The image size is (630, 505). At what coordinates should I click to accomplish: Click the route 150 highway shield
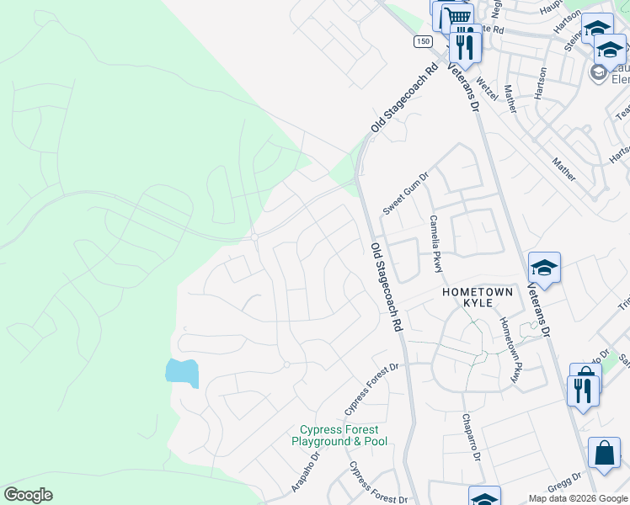(x=423, y=41)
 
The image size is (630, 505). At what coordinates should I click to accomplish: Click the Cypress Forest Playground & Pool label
(x=339, y=435)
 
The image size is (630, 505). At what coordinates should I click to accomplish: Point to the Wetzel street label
(x=488, y=88)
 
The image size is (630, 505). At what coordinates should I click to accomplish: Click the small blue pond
(x=183, y=371)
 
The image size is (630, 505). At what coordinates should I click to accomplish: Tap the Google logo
(x=28, y=495)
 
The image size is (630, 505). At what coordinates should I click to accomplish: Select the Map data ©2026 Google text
(x=578, y=498)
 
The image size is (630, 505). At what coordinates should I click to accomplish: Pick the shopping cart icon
(x=457, y=17)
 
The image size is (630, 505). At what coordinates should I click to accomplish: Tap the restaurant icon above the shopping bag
(x=583, y=389)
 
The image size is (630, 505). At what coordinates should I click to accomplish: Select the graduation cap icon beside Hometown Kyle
(x=544, y=268)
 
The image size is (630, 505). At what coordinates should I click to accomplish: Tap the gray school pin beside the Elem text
(x=599, y=72)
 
